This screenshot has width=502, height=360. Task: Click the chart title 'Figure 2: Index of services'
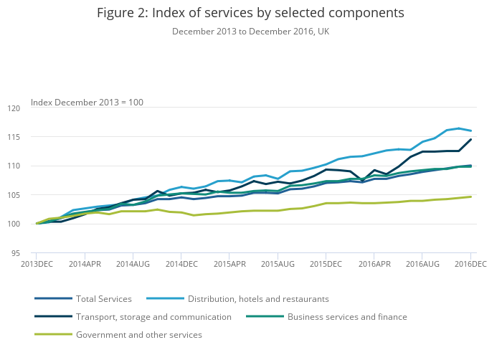(x=250, y=13)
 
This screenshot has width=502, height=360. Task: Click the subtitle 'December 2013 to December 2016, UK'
(x=250, y=32)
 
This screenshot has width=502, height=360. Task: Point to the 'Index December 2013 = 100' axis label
(x=87, y=103)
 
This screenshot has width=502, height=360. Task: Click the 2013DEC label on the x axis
(x=37, y=265)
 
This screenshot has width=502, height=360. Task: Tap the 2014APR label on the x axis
(x=85, y=265)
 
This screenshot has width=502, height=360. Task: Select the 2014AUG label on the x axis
(x=133, y=265)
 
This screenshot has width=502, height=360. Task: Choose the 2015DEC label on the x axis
(x=326, y=265)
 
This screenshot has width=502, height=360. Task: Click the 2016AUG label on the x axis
(x=422, y=265)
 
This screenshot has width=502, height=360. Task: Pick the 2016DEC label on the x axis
(x=470, y=265)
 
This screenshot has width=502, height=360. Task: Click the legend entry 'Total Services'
(x=104, y=298)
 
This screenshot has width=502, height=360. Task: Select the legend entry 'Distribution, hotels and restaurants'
(x=258, y=298)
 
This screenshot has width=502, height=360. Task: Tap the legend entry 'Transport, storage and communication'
(x=153, y=316)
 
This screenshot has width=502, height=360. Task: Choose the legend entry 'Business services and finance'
(x=347, y=316)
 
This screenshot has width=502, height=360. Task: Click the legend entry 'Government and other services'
(x=138, y=334)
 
